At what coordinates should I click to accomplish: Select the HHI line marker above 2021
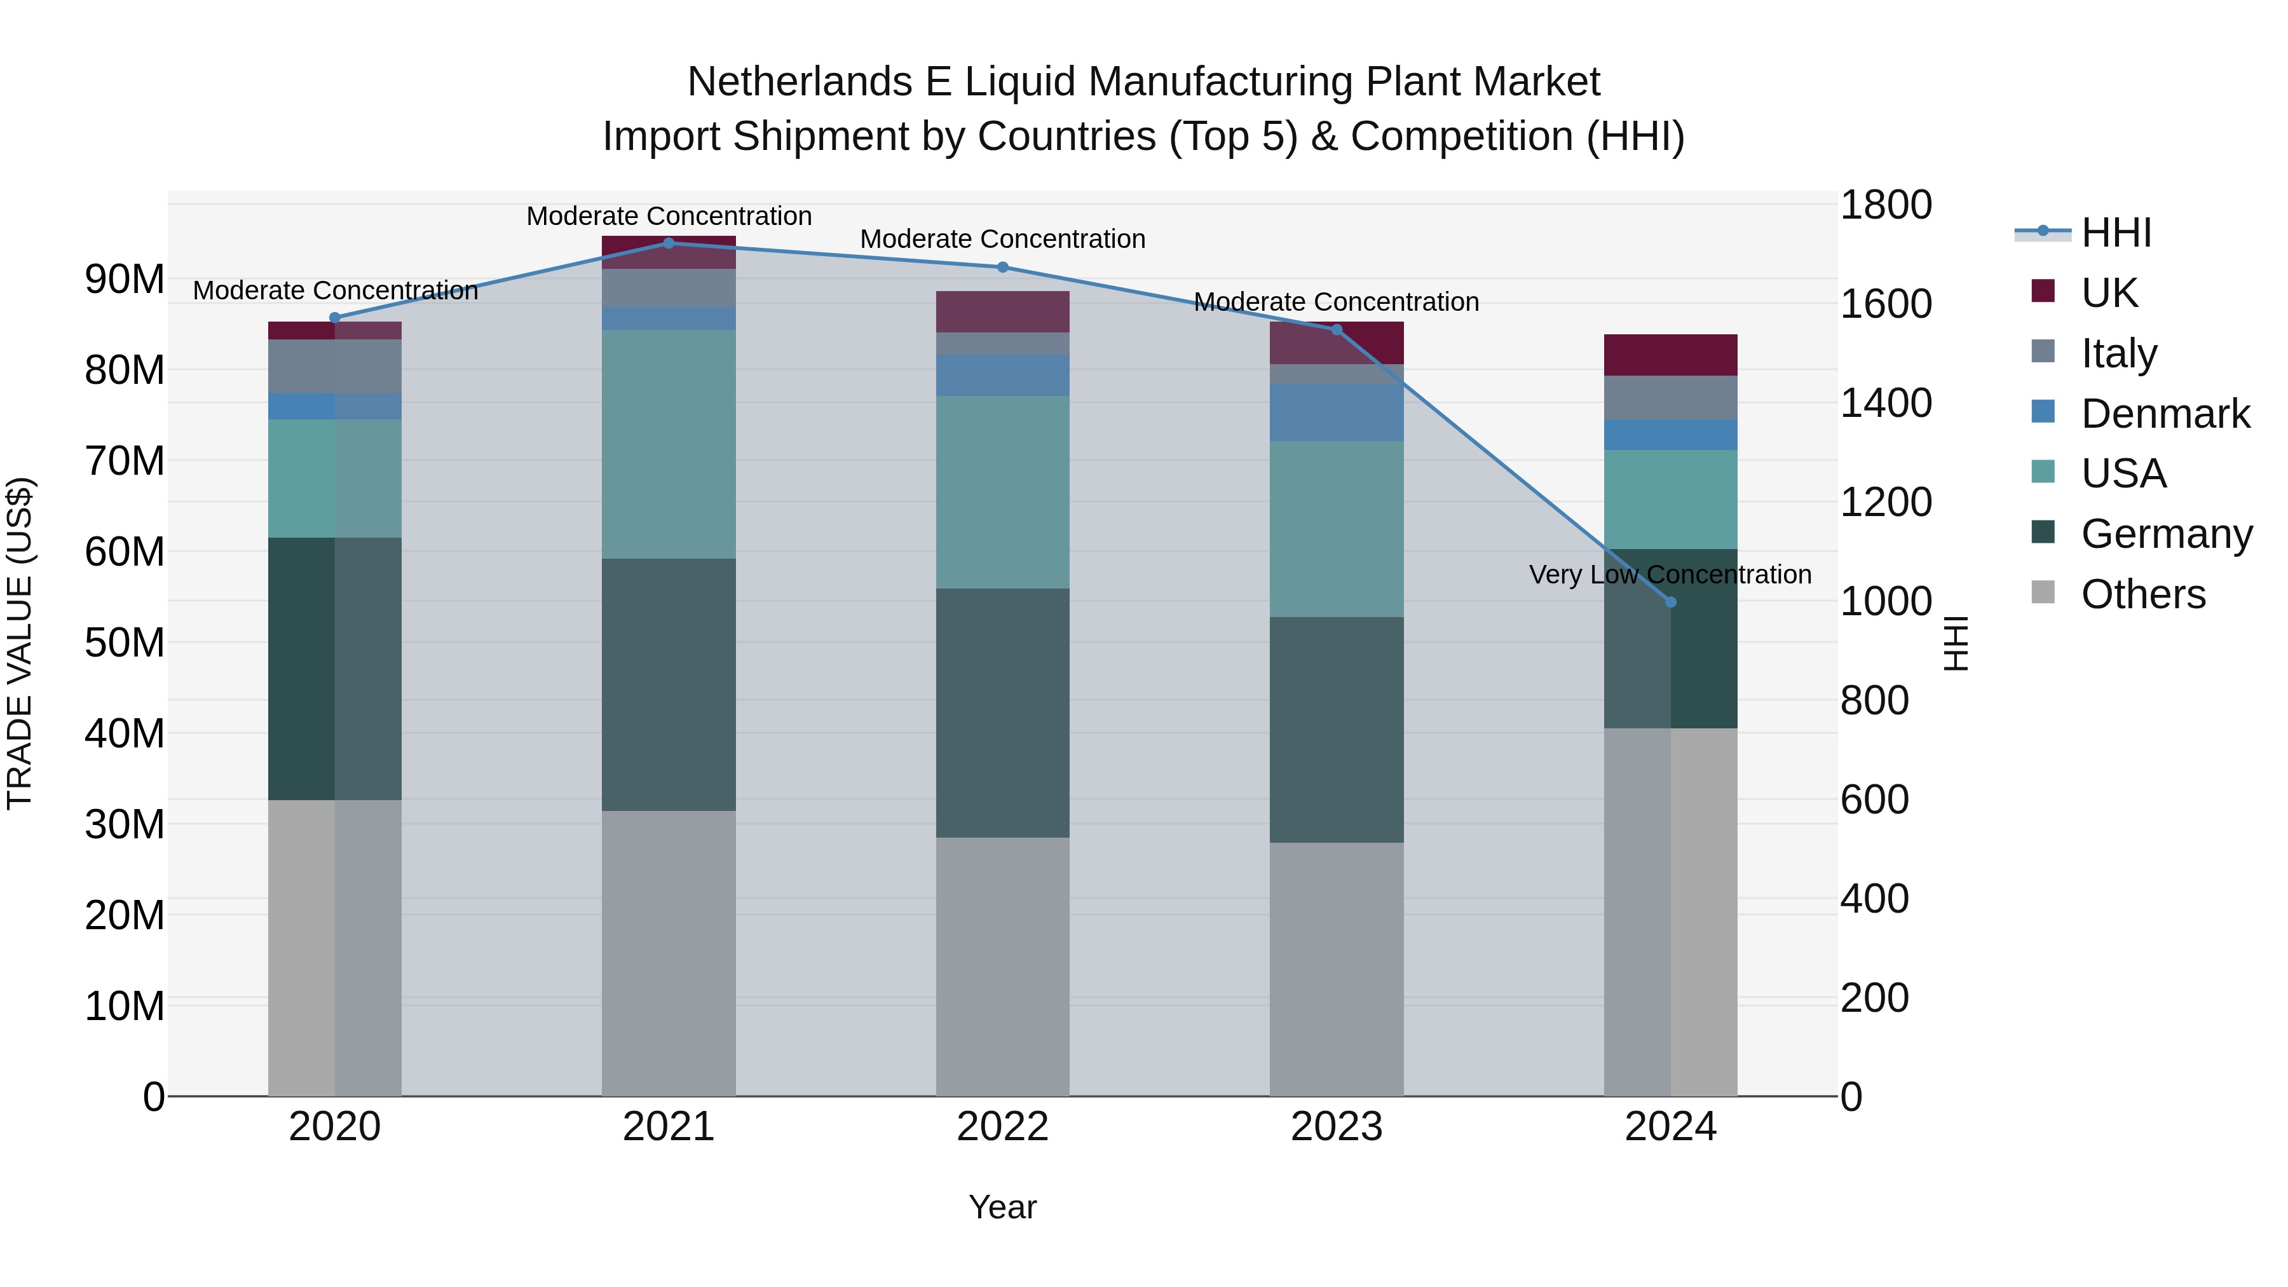click(x=669, y=243)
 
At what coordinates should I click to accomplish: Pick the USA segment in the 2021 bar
click(x=669, y=444)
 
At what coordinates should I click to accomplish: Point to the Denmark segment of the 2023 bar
click(x=1336, y=412)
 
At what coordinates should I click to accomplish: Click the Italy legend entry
click(x=2118, y=353)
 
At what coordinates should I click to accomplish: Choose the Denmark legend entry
click(x=2165, y=414)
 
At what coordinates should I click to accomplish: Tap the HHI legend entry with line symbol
click(x=2116, y=233)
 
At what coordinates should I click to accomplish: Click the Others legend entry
click(x=2142, y=594)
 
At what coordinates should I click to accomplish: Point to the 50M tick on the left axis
click(x=125, y=642)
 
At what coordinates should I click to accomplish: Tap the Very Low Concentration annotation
click(x=1670, y=575)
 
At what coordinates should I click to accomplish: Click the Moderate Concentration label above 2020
click(x=335, y=290)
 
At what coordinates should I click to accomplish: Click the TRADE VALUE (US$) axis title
click(x=20, y=643)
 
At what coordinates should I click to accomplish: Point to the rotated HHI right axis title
click(x=1956, y=643)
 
